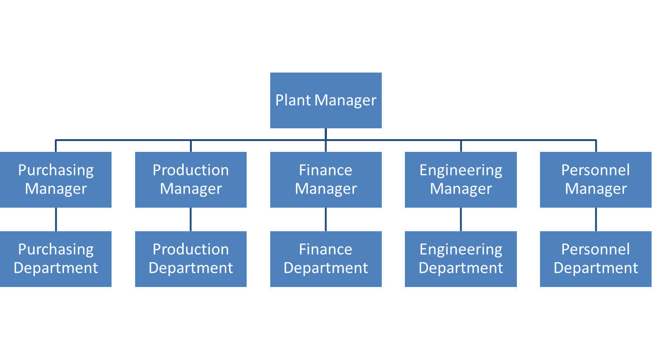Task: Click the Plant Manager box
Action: (326, 100)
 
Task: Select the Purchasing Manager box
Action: (55, 180)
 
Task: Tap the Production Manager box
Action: (190, 180)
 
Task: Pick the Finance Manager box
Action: (326, 180)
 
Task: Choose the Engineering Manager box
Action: (461, 180)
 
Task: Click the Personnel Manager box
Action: (596, 180)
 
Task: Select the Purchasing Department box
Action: (55, 259)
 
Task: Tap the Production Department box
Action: (190, 259)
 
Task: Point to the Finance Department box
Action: (326, 259)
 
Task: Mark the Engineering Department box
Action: (461, 259)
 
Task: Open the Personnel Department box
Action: (596, 259)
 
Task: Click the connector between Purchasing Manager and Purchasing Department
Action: (56, 219)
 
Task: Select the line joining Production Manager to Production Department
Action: (190, 219)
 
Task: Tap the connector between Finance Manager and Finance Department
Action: (326, 219)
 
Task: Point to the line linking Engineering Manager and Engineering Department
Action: (461, 219)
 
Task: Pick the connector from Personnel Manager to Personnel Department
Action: (596, 219)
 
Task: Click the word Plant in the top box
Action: (293, 100)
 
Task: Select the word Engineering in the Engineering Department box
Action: (461, 249)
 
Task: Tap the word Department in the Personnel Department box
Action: (596, 268)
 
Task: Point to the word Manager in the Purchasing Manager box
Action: (55, 189)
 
